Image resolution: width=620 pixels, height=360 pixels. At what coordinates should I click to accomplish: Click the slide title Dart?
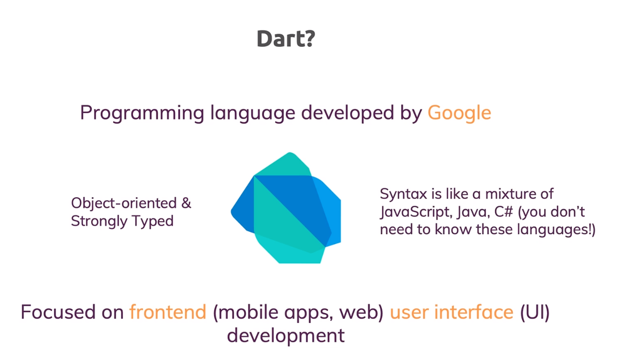point(285,39)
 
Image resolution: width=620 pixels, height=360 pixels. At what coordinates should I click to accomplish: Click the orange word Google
point(459,113)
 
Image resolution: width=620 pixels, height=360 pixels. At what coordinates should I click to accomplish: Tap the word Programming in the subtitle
point(141,113)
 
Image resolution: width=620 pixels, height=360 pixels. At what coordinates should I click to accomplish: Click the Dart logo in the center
point(286,208)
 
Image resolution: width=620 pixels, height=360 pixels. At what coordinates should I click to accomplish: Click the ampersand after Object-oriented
point(186,203)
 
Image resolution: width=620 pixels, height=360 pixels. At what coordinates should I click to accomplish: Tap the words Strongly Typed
point(122,221)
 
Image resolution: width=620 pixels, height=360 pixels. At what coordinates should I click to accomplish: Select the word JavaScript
point(414,212)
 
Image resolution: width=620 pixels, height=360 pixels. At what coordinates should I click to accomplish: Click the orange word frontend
point(168,312)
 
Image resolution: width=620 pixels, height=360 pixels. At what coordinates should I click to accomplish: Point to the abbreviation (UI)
point(535,312)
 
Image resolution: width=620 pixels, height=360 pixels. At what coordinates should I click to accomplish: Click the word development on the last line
point(285,336)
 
